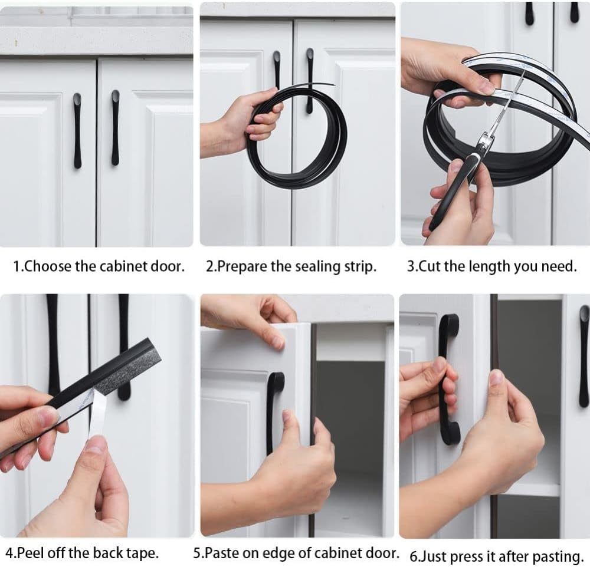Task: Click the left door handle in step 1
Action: (77, 130)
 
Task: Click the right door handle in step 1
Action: (115, 128)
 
